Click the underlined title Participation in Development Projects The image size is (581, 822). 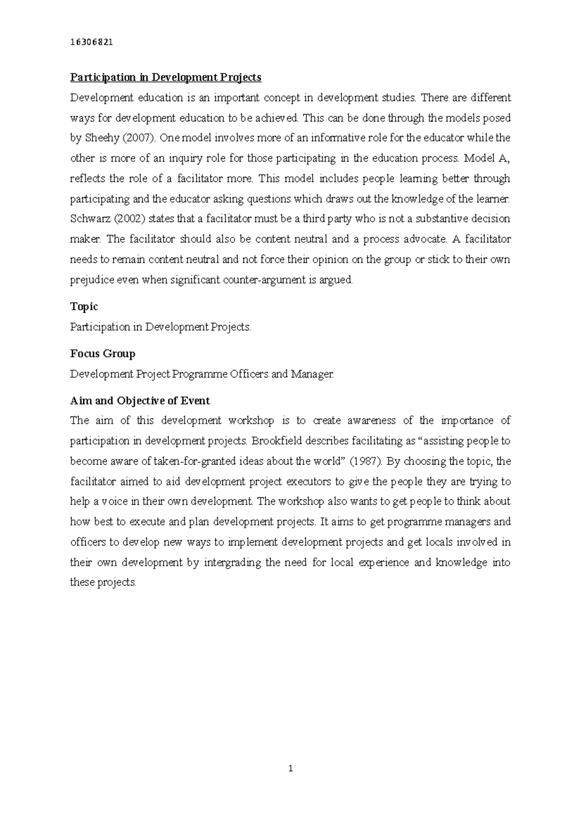166,77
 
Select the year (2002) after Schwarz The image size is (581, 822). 129,219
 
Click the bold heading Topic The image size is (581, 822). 84,307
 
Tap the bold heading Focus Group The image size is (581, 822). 103,354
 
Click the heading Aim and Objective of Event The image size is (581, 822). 140,401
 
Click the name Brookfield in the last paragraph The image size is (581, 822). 275,441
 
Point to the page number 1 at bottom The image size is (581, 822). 290,769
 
